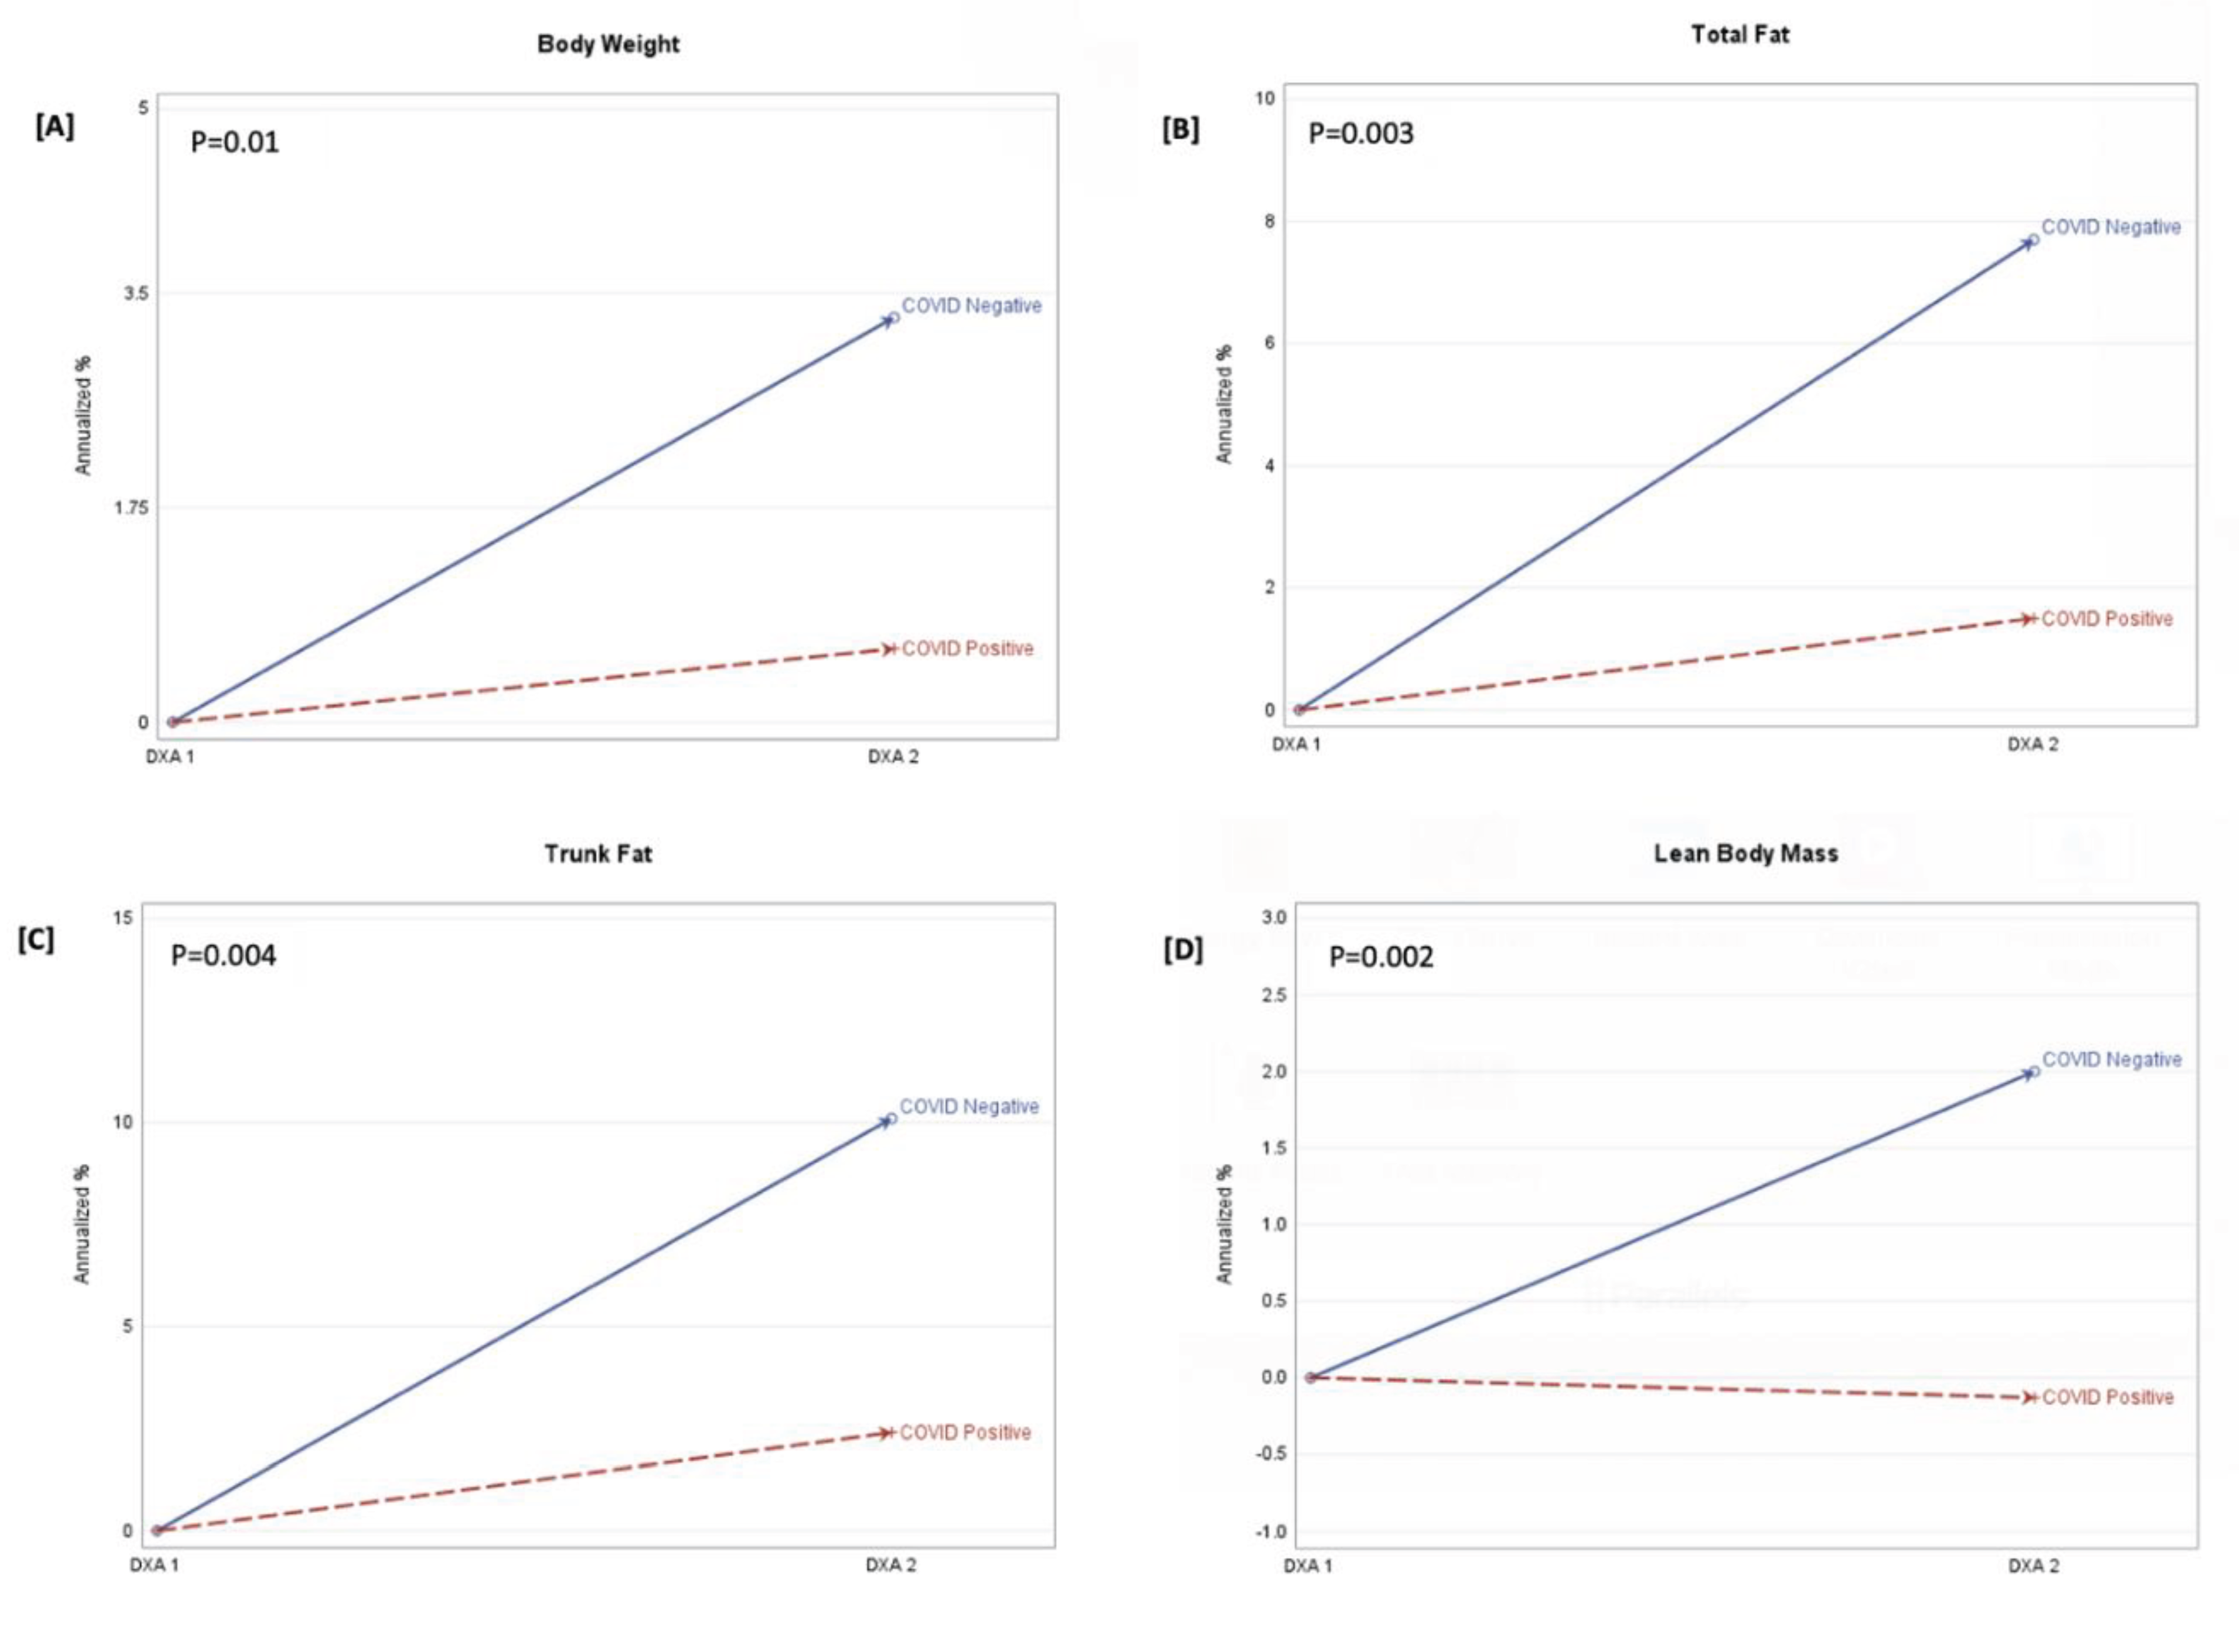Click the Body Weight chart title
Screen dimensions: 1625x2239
[x=608, y=44]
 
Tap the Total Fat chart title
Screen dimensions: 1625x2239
[x=1740, y=34]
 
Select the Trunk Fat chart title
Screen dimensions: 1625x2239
[x=598, y=854]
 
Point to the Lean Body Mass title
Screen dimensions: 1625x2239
[x=1745, y=854]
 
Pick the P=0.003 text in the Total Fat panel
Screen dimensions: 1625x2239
[x=1361, y=133]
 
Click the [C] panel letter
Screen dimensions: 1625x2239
[x=36, y=940]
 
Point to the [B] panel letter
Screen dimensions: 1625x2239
[x=1180, y=129]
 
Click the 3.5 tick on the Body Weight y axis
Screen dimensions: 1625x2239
[x=137, y=294]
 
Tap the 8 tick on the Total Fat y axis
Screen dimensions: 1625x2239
[x=1269, y=221]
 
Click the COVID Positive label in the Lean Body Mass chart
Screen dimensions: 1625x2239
[x=2108, y=1397]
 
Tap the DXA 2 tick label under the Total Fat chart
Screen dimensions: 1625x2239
[x=2033, y=744]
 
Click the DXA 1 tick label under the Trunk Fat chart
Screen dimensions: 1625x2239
[x=154, y=1565]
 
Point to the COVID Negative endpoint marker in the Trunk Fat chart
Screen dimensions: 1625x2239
[x=890, y=1120]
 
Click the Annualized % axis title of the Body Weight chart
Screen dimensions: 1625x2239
[x=83, y=415]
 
